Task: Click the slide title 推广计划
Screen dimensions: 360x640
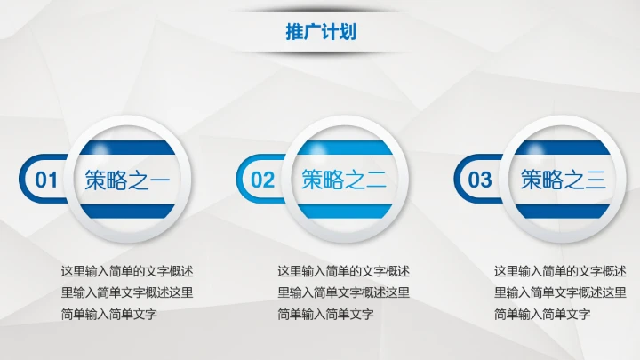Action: click(321, 32)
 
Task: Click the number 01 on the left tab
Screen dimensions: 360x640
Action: click(46, 180)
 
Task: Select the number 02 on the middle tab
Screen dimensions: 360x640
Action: click(263, 180)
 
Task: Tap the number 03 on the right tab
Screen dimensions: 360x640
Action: click(480, 180)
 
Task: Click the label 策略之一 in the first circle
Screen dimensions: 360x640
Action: click(126, 180)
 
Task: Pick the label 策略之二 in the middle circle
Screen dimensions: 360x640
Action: click(343, 180)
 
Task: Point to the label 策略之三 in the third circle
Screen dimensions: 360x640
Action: click(562, 180)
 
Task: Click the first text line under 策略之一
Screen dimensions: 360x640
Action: click(126, 271)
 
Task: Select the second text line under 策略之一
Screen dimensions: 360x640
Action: click(126, 292)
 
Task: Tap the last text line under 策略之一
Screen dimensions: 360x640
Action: click(108, 314)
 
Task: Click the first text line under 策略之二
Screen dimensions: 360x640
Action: click(343, 271)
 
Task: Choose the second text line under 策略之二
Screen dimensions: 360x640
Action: click(343, 292)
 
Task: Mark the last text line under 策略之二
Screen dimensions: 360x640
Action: click(325, 314)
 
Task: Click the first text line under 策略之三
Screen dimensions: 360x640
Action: click(560, 271)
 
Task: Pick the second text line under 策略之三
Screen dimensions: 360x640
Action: click(560, 292)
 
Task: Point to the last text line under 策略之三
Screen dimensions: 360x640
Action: click(542, 314)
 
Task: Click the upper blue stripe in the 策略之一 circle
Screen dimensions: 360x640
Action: click(126, 148)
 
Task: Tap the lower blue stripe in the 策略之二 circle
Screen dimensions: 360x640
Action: click(343, 212)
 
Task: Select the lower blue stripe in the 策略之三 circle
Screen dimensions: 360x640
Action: click(561, 212)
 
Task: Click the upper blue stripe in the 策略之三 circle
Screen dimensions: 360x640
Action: click(561, 148)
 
